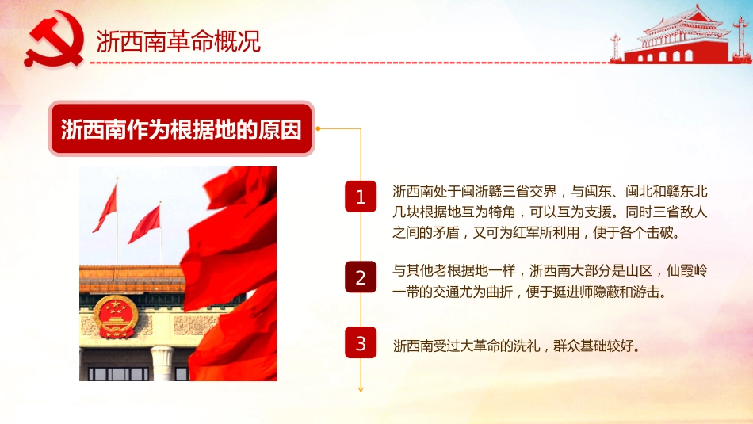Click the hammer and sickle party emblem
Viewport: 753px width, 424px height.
(x=54, y=42)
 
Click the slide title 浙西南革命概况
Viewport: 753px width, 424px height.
(x=178, y=41)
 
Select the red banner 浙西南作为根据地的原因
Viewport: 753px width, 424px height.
(x=182, y=128)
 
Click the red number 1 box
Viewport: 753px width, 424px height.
(x=361, y=197)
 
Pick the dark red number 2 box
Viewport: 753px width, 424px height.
(x=361, y=277)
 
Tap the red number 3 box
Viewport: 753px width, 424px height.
(x=361, y=343)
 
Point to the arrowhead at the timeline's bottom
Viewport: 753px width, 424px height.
(x=361, y=388)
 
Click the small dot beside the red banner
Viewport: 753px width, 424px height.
(x=318, y=128)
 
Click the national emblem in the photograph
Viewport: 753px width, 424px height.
(x=116, y=316)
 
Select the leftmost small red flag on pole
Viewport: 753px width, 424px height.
(x=105, y=208)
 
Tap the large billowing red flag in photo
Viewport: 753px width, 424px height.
(x=230, y=269)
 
